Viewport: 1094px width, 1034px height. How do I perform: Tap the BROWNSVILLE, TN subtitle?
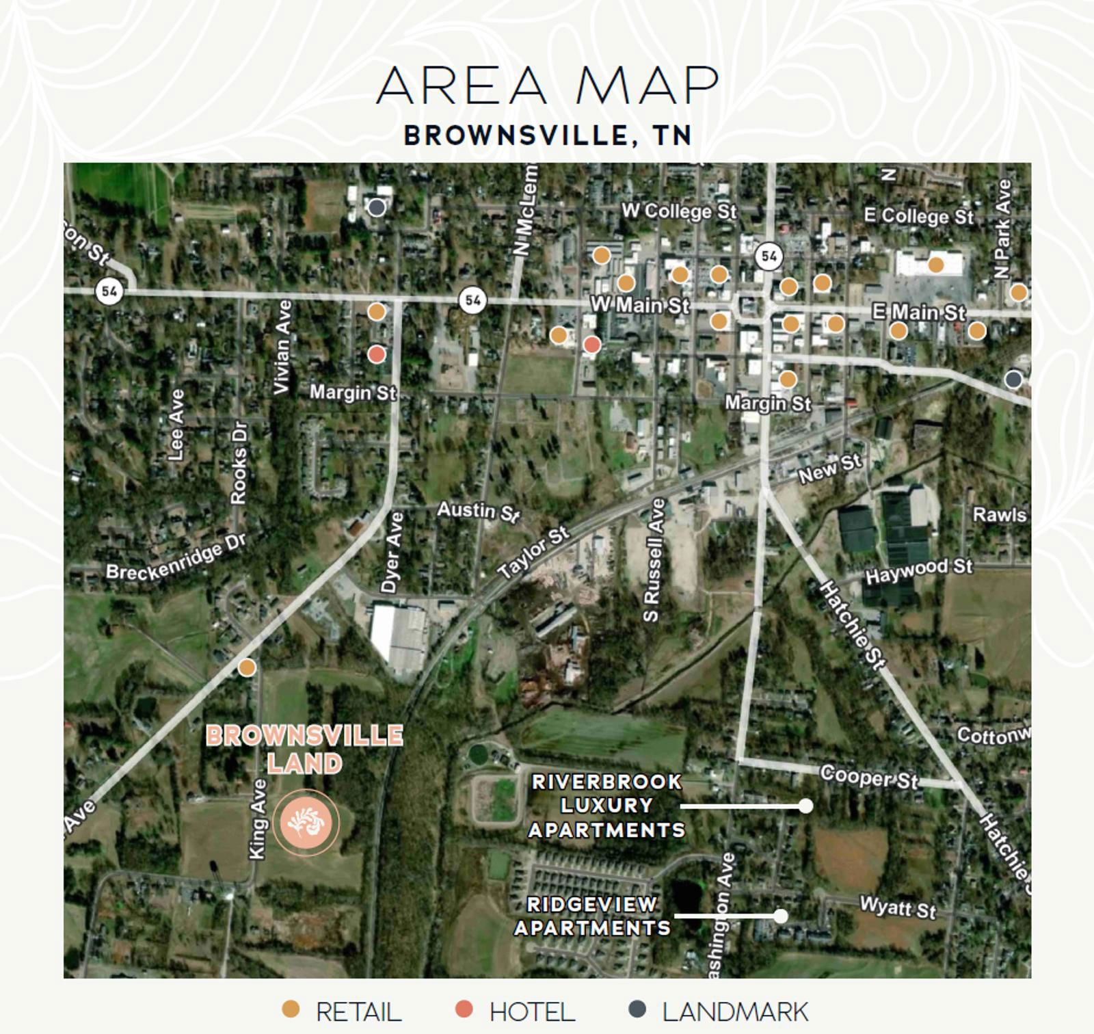tap(547, 135)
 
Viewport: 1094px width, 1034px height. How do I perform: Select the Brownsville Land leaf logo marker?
tap(306, 823)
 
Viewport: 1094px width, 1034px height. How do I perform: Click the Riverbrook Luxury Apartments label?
tap(606, 806)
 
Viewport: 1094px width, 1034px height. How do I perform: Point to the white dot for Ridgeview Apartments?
tap(780, 916)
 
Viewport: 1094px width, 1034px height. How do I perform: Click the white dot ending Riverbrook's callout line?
tap(805, 806)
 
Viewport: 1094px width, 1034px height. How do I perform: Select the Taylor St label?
tap(533, 553)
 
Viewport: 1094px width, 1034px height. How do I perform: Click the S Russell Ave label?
tap(654, 560)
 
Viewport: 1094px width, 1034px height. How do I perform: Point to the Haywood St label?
tap(918, 571)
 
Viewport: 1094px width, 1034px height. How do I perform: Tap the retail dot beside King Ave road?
tap(247, 667)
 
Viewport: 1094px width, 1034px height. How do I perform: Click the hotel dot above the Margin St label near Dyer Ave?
tap(376, 354)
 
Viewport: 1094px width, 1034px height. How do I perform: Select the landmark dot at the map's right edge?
tap(1013, 379)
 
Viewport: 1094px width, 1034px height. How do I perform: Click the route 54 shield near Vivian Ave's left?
tap(109, 291)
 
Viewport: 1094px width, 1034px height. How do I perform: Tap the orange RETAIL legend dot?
tap(291, 1009)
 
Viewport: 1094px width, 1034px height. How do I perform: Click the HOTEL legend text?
tap(532, 1011)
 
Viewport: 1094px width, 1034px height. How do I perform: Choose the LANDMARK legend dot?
tap(637, 1009)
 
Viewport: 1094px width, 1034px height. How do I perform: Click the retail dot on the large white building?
tap(935, 265)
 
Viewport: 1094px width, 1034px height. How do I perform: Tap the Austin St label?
tap(479, 510)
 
